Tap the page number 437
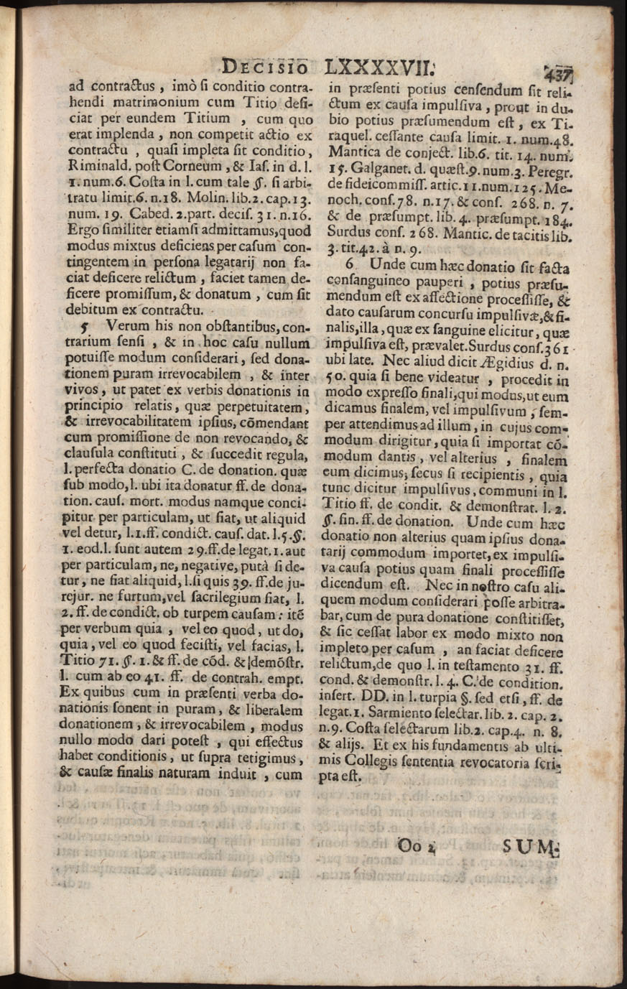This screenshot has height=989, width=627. tap(557, 73)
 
